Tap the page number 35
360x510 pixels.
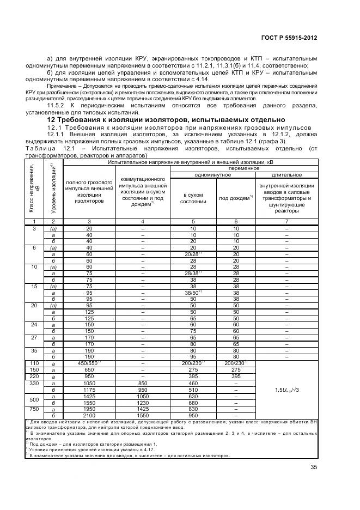tap(314, 466)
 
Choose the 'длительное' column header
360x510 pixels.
tap(286, 175)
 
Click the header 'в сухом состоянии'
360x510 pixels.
tap(193, 198)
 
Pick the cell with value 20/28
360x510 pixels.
tap(193, 254)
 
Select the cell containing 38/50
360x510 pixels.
tap(193, 292)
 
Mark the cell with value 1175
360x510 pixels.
tap(89, 390)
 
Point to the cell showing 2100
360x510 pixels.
tap(89, 415)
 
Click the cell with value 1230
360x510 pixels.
tap(142, 403)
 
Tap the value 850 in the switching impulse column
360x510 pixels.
tap(142, 384)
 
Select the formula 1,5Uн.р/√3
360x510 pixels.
tap(286, 390)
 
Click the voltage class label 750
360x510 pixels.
tap(34, 409)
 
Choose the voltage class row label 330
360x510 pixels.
tap(34, 384)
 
